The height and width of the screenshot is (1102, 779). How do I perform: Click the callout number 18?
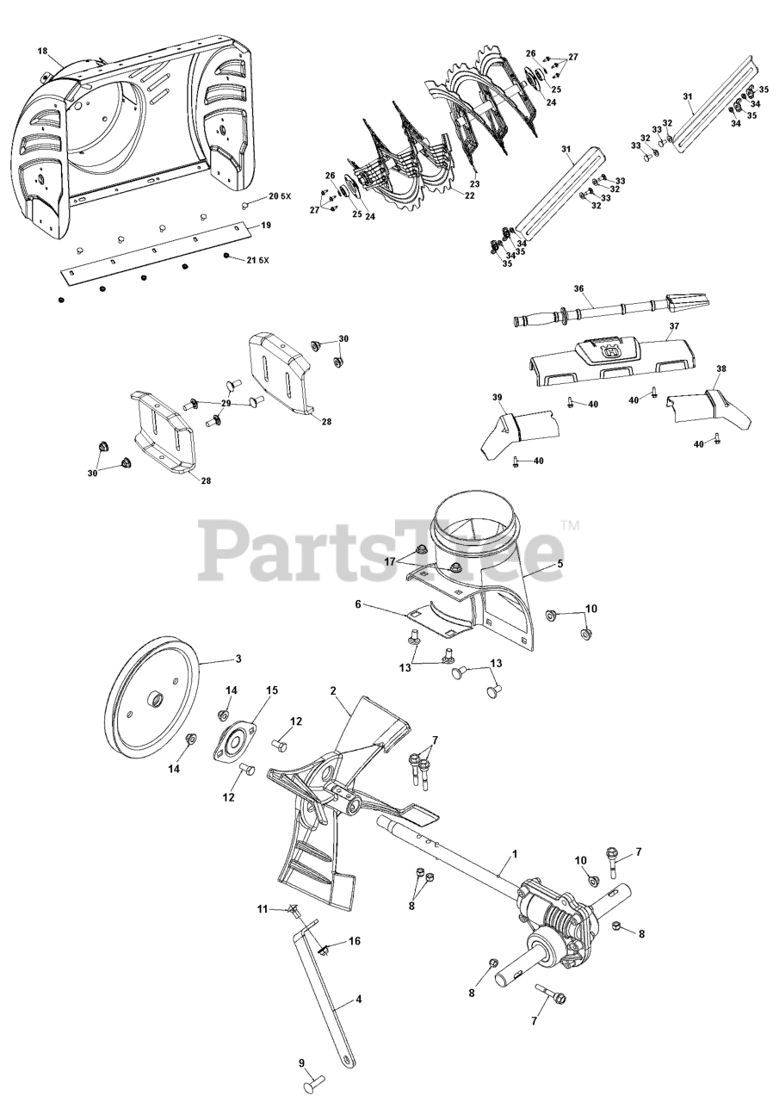[43, 51]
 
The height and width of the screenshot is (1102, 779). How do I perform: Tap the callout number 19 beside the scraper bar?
[266, 225]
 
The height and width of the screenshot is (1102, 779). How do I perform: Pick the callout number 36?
[579, 289]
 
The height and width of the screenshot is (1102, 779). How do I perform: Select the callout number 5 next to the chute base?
[560, 564]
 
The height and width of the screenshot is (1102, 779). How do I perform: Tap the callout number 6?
[358, 605]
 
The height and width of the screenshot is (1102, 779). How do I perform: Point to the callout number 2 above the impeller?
[333, 690]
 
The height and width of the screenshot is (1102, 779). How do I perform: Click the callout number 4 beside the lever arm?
[358, 1000]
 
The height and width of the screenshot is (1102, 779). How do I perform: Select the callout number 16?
[354, 941]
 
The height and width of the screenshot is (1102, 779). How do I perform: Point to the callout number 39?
[497, 397]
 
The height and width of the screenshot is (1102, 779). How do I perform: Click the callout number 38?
[721, 368]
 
